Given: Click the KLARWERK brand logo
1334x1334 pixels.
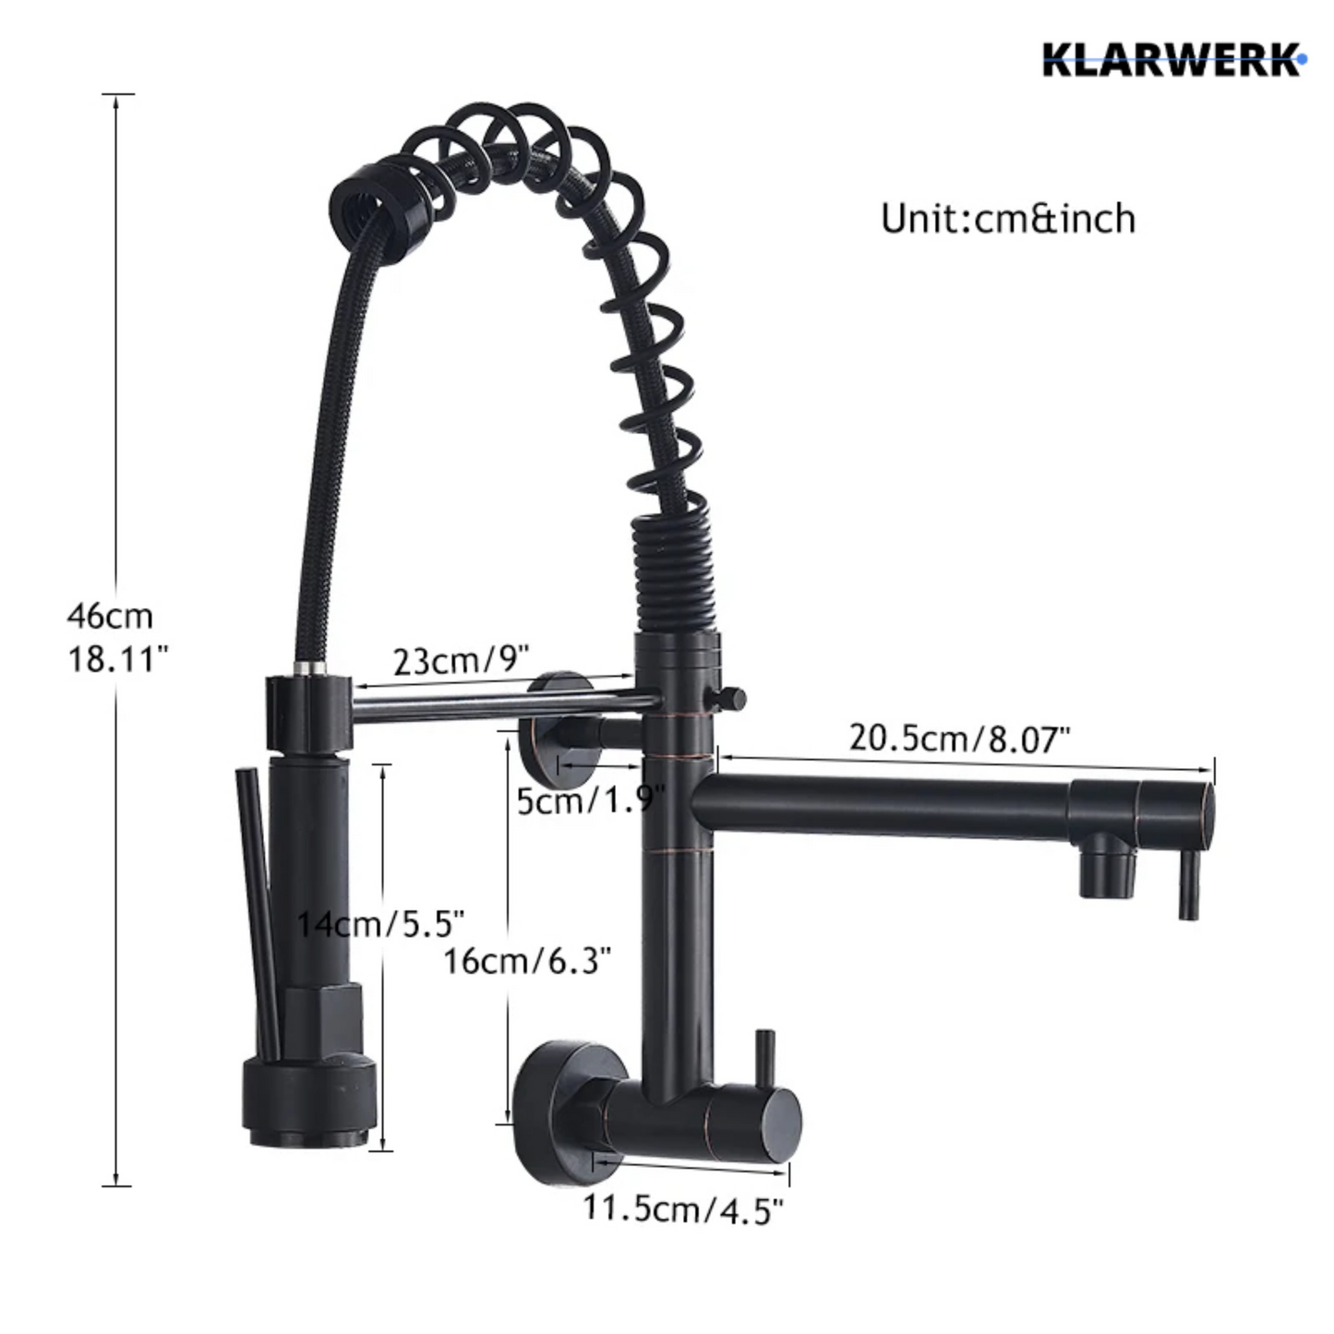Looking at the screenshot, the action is click(x=1173, y=59).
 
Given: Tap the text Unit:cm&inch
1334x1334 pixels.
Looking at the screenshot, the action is click(x=1008, y=219).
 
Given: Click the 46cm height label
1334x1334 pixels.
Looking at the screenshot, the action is click(x=109, y=616).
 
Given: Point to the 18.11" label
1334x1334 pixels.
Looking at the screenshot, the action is click(x=117, y=659).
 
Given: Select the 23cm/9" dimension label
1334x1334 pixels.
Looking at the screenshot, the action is click(x=461, y=660).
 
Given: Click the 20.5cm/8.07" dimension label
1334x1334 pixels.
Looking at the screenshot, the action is click(x=959, y=738).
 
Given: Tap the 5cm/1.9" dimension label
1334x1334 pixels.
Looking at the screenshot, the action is click(x=590, y=800).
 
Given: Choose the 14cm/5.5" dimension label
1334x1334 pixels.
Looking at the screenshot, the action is click(x=379, y=923).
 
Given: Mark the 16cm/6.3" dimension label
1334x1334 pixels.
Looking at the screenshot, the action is click(x=527, y=961).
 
